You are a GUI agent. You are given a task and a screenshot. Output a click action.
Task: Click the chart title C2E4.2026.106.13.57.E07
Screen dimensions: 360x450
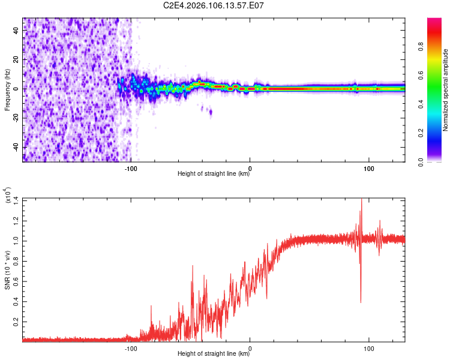(214, 6)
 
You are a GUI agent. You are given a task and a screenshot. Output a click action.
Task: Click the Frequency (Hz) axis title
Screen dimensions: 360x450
(7, 89)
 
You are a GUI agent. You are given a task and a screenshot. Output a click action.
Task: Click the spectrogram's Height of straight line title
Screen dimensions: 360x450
(214, 174)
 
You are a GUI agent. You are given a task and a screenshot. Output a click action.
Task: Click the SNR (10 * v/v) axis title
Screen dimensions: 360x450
(7, 268)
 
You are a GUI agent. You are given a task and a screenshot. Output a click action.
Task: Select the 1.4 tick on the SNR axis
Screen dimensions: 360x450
(15, 200)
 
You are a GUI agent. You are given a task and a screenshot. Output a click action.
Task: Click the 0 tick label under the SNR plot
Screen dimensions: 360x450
(250, 347)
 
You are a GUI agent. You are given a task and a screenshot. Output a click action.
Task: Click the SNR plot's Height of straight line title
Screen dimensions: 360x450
(214, 354)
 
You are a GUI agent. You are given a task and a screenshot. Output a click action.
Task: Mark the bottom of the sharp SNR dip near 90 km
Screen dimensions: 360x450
(361, 302)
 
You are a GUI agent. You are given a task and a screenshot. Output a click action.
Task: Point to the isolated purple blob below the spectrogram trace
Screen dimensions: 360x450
(209, 111)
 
